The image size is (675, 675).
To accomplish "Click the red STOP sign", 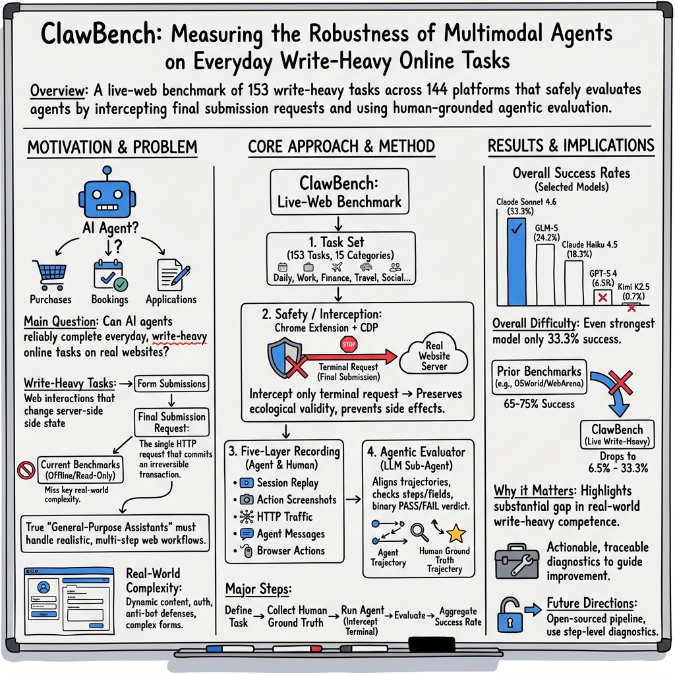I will tap(348, 343).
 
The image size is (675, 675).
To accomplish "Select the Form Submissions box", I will tap(171, 384).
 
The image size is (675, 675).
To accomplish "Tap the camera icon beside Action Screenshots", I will tap(247, 500).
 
